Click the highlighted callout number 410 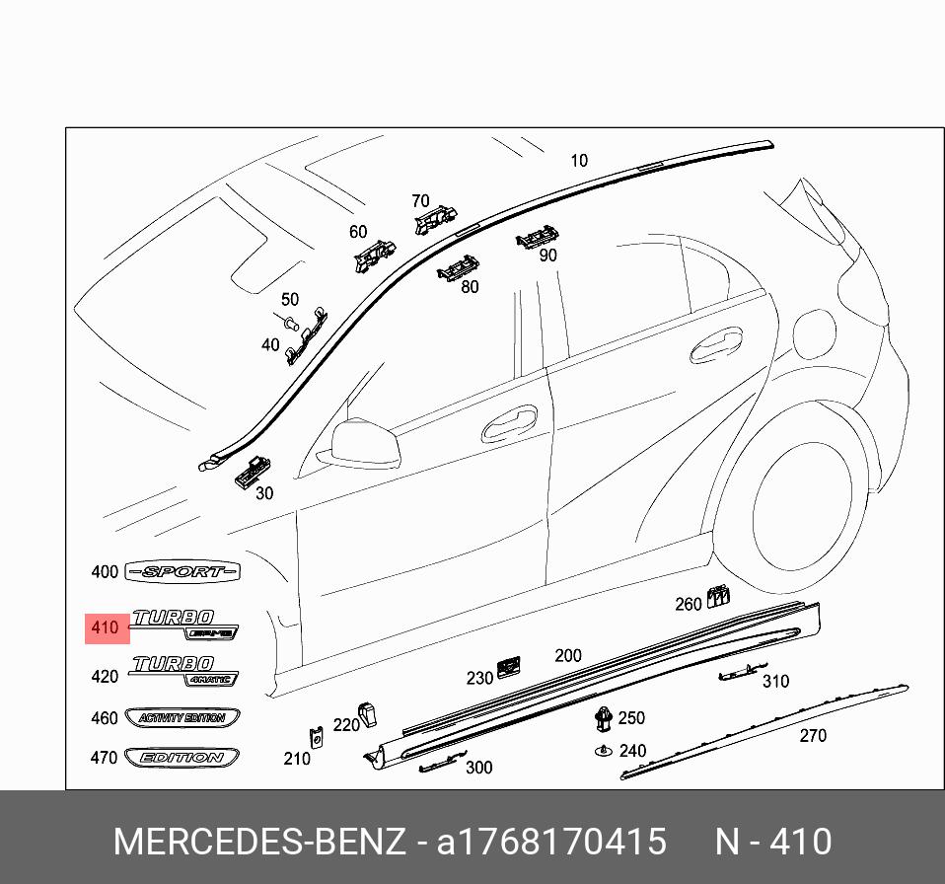tap(107, 627)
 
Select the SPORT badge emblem tap(184, 572)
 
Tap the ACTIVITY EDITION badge tap(182, 718)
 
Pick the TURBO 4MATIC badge tap(186, 670)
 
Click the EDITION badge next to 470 tap(182, 758)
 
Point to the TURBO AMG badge tap(186, 624)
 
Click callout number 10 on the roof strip tap(578, 160)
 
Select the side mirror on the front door tap(365, 441)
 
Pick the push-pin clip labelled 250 tap(602, 719)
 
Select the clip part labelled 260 tap(719, 596)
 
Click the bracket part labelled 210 tap(319, 737)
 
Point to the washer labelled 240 tap(602, 752)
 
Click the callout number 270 tap(813, 735)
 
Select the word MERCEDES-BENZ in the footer tap(259, 842)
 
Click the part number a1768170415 tap(551, 842)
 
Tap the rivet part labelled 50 tap(290, 322)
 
